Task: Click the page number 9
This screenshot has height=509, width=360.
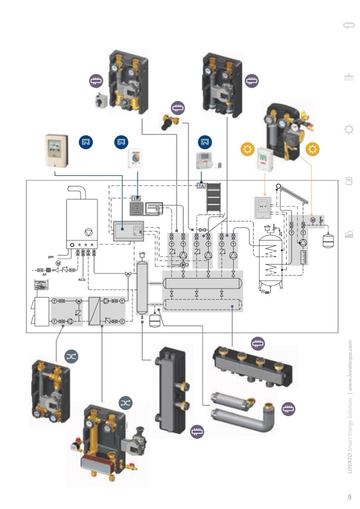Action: (349, 497)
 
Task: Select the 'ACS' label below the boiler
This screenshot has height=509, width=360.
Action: (82, 279)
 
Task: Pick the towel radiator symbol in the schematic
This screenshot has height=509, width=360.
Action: (215, 198)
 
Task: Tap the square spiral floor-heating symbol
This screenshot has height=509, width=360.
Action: (138, 209)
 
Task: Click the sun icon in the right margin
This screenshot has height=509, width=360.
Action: (349, 129)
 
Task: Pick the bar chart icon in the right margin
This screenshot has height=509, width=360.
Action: (349, 233)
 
